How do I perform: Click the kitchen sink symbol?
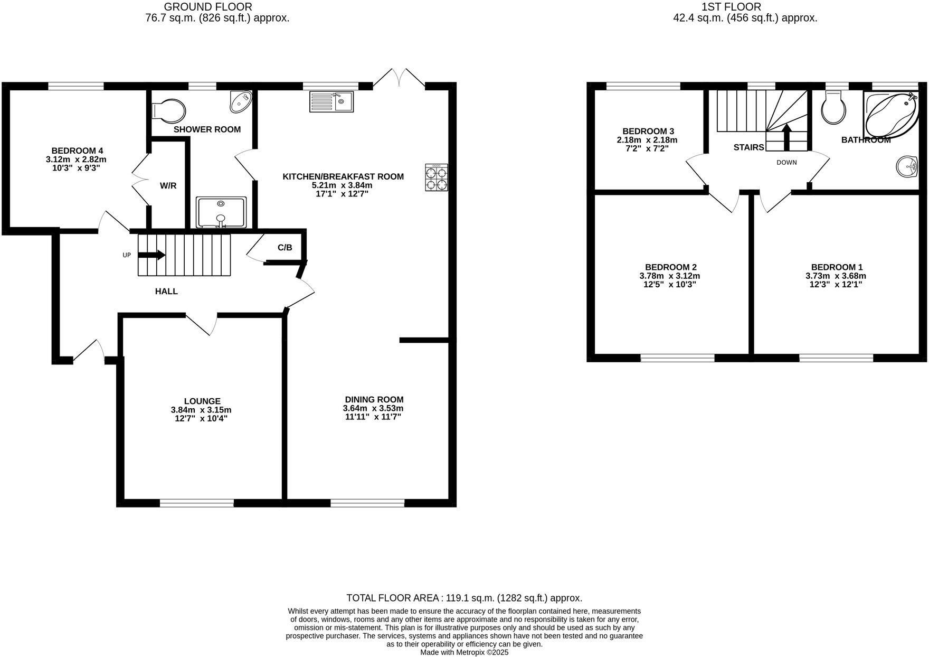click(x=331, y=101)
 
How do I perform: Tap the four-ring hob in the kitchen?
click(x=436, y=177)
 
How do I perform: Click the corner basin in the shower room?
click(x=241, y=102)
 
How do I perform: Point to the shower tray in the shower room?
click(x=221, y=212)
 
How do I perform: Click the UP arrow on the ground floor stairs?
click(x=151, y=255)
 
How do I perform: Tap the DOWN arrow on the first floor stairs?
click(x=786, y=136)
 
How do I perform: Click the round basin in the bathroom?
click(x=907, y=167)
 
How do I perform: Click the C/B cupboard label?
click(x=285, y=248)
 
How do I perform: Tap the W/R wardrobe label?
click(x=168, y=186)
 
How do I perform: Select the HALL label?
click(x=166, y=291)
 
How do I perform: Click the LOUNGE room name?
click(x=202, y=401)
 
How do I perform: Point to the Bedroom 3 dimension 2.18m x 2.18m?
click(x=647, y=140)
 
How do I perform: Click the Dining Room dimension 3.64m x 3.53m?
click(x=374, y=408)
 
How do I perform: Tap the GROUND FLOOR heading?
click(x=208, y=7)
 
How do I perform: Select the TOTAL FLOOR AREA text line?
click(x=464, y=598)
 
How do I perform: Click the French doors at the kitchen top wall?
click(x=399, y=78)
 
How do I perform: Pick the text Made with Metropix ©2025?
click(x=464, y=652)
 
